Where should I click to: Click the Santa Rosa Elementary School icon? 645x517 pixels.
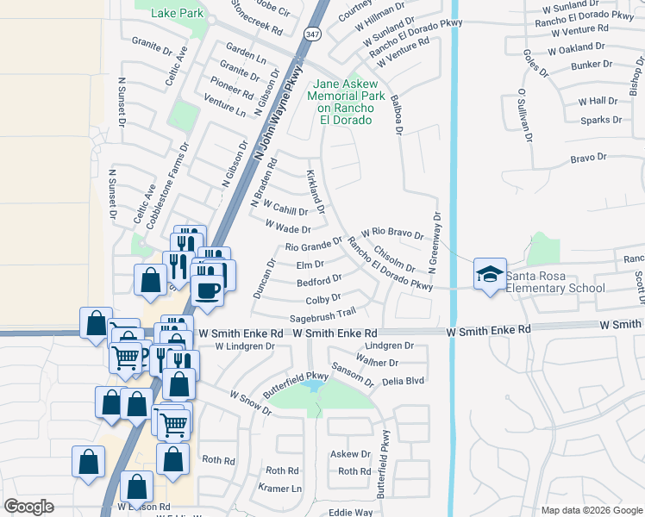(x=489, y=274)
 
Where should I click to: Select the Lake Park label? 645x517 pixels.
(x=177, y=14)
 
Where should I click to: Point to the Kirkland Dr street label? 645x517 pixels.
(x=315, y=191)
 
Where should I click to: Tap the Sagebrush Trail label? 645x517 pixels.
(x=323, y=316)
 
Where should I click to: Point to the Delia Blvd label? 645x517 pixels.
(x=404, y=380)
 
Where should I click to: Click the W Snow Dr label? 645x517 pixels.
(x=250, y=402)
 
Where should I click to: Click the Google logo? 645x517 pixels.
(x=28, y=507)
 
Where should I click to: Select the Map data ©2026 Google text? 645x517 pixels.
(x=591, y=510)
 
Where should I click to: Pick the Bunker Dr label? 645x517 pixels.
(x=591, y=64)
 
